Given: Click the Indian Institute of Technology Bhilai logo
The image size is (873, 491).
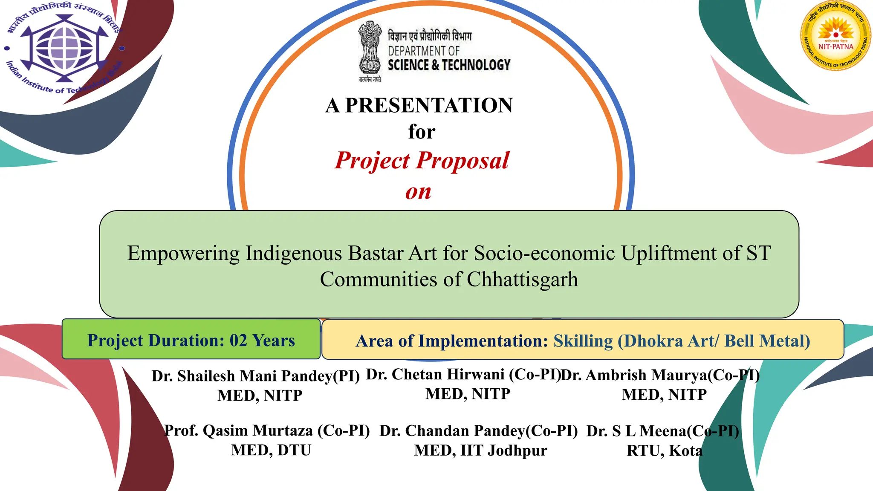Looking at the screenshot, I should pyautogui.click(x=64, y=48).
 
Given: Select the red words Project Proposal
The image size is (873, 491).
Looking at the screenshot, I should pyautogui.click(x=422, y=161).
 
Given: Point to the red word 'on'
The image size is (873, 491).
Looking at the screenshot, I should pyautogui.click(x=418, y=192).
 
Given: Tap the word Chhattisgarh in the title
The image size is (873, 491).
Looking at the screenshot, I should pyautogui.click(x=522, y=280).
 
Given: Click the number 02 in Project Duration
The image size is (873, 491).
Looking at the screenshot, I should pyautogui.click(x=238, y=341).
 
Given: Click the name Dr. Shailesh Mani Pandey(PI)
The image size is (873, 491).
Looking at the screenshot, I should pyautogui.click(x=256, y=376).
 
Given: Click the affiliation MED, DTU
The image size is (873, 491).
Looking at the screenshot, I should pyautogui.click(x=271, y=450).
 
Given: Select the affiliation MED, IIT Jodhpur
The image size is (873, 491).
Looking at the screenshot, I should pyautogui.click(x=480, y=451).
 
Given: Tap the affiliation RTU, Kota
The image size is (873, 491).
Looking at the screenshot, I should pyautogui.click(x=664, y=451).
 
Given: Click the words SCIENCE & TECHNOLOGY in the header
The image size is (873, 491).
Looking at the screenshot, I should pyautogui.click(x=449, y=65).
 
